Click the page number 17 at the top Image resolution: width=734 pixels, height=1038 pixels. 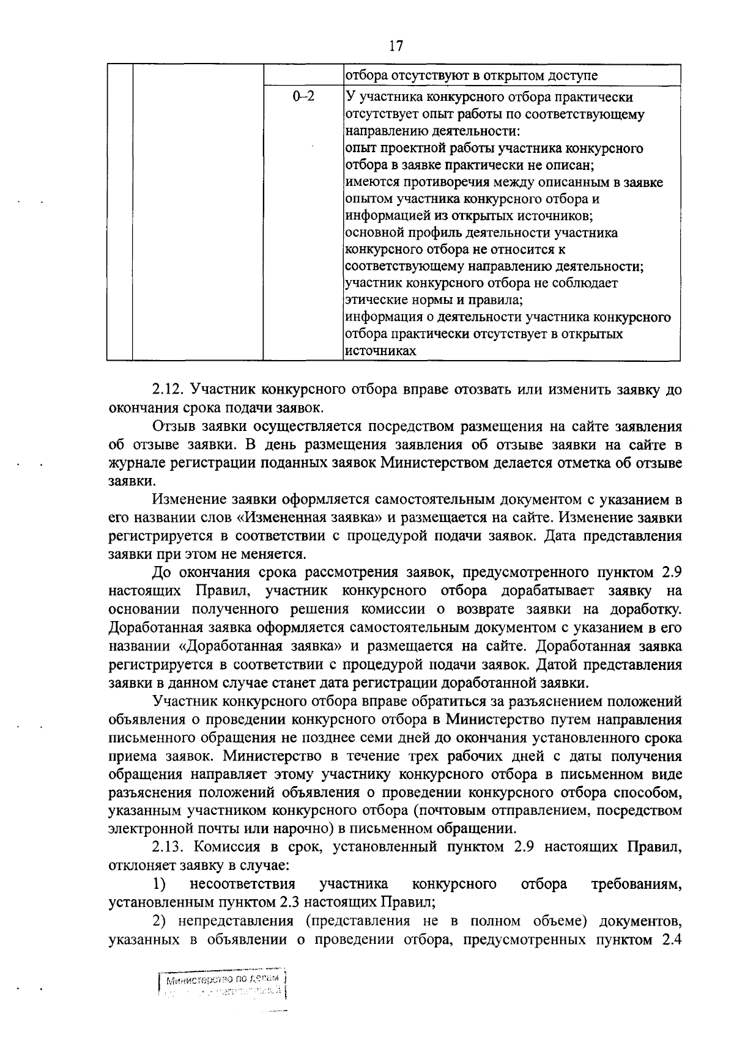(396, 46)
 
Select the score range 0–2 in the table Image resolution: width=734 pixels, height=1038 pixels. (303, 97)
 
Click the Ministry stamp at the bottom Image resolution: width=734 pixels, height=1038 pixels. (223, 985)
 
